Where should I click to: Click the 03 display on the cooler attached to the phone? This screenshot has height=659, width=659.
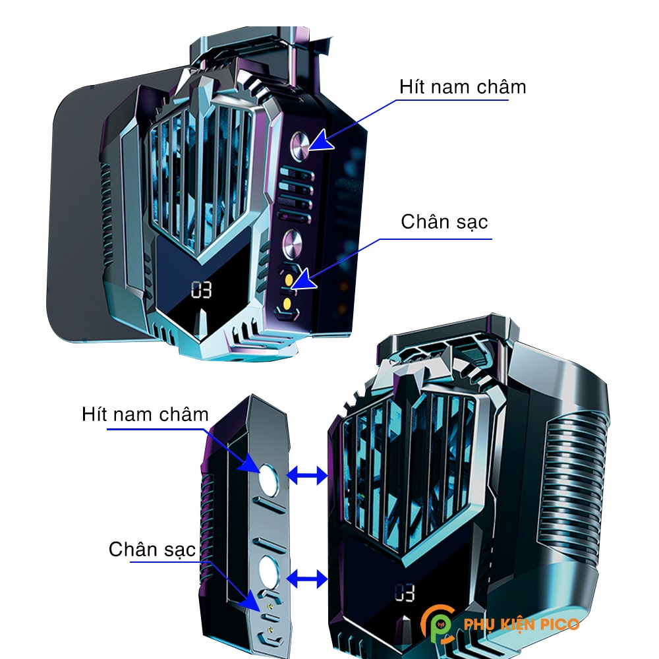[202, 290]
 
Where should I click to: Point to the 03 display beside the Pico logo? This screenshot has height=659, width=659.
[405, 593]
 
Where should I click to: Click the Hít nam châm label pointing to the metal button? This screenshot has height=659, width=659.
[463, 86]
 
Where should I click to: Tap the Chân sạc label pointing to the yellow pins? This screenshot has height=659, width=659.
[444, 222]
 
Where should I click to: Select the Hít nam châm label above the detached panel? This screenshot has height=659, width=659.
[145, 415]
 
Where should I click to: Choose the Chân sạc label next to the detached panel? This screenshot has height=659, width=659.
[152, 548]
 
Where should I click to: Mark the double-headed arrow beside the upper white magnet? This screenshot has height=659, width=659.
[308, 474]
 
